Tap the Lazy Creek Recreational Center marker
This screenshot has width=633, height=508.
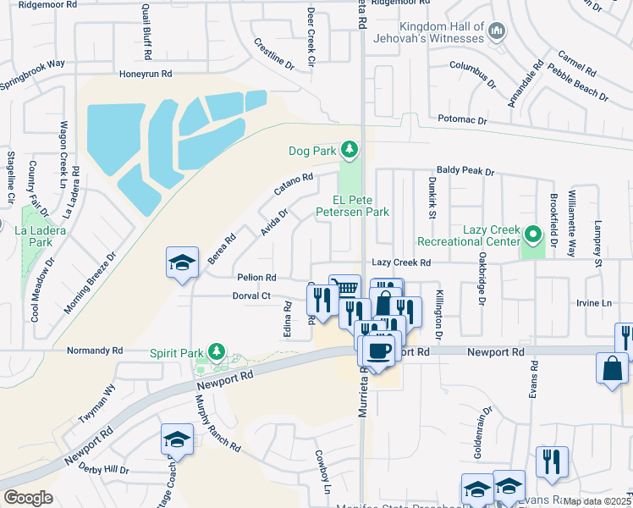532,232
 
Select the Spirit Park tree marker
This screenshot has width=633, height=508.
217,351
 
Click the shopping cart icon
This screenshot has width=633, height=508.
344,288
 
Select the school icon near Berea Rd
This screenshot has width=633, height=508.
182,263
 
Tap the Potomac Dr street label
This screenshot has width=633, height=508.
460,121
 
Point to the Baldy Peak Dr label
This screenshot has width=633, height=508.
465,171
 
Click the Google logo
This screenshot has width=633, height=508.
28,498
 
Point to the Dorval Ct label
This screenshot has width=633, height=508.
251,296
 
